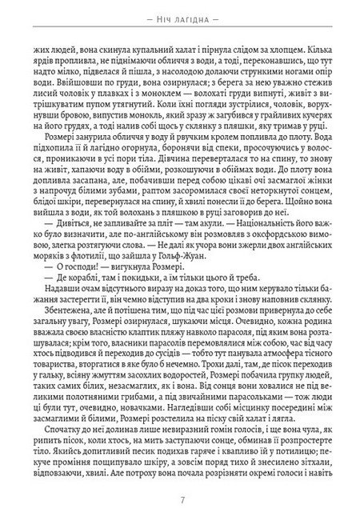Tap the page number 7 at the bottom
[x=180, y=500]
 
